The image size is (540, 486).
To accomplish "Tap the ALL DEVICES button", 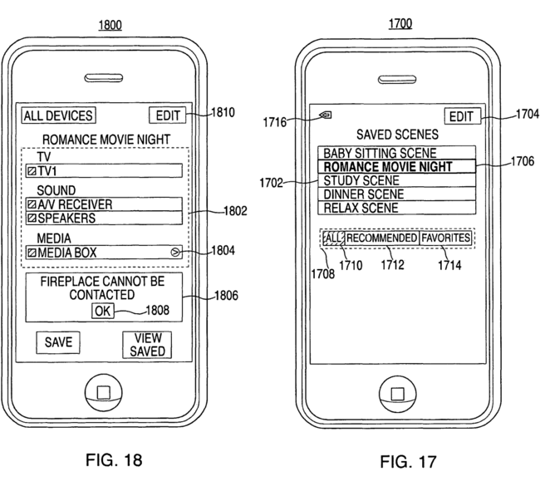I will coord(57,115).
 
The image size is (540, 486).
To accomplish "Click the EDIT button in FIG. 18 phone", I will coord(166,115).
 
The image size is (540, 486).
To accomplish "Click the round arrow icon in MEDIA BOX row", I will coord(173,252).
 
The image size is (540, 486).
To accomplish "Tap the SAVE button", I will coord(58,341).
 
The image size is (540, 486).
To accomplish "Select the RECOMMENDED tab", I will coord(381,238).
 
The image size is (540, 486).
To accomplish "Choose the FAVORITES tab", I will coord(445,238).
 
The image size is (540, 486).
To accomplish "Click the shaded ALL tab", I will coord(333,238).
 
